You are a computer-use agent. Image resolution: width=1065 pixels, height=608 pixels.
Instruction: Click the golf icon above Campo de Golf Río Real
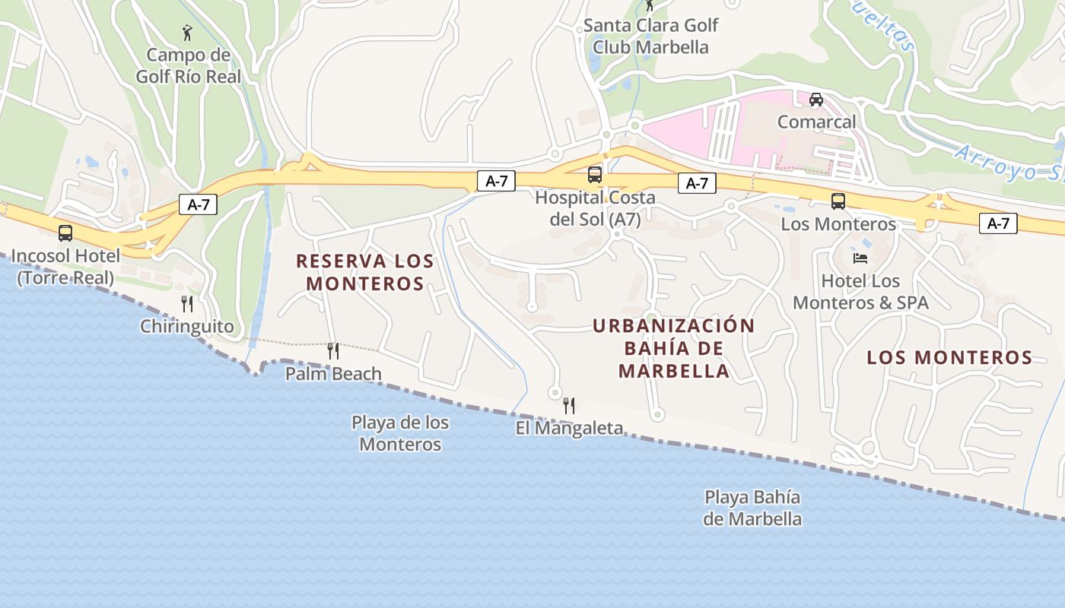pos(188,33)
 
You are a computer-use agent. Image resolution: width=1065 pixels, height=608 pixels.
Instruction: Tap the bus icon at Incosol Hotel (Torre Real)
pos(65,233)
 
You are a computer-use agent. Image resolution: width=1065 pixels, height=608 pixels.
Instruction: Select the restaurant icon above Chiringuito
pos(187,304)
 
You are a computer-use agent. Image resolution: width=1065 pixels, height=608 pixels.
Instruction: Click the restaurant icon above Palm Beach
pos(333,350)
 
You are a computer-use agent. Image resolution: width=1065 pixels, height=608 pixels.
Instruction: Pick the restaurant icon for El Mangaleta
pos(568,405)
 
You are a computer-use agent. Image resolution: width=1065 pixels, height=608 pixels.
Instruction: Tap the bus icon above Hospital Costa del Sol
pos(595,175)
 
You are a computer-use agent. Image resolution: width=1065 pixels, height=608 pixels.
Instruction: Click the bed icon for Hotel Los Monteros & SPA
pos(860,258)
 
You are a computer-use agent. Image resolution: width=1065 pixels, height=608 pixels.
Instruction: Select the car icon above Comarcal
pos(816,99)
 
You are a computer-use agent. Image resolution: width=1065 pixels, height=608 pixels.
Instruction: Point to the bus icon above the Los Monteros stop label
pos(838,201)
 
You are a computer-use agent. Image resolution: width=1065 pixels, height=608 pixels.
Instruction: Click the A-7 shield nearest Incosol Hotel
pos(199,204)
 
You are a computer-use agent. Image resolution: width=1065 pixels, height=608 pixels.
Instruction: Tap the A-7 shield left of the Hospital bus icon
pos(496,181)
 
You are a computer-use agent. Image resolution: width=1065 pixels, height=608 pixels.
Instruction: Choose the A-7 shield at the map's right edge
pos(998,223)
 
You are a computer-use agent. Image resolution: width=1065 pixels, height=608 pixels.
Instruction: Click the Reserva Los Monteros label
pos(364,272)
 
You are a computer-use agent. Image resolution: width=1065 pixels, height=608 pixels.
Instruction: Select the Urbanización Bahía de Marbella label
pos(673,348)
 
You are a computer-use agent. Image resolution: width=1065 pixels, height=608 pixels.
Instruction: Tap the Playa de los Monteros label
pos(400,433)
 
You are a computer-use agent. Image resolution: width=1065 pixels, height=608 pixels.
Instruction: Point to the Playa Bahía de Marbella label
pos(752,508)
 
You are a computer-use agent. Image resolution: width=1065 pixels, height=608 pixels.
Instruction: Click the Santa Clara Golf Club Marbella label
pos(650,36)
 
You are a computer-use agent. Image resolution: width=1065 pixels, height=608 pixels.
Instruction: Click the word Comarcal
pos(816,122)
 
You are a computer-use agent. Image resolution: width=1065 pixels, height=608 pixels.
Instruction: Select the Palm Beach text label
pos(333,373)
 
